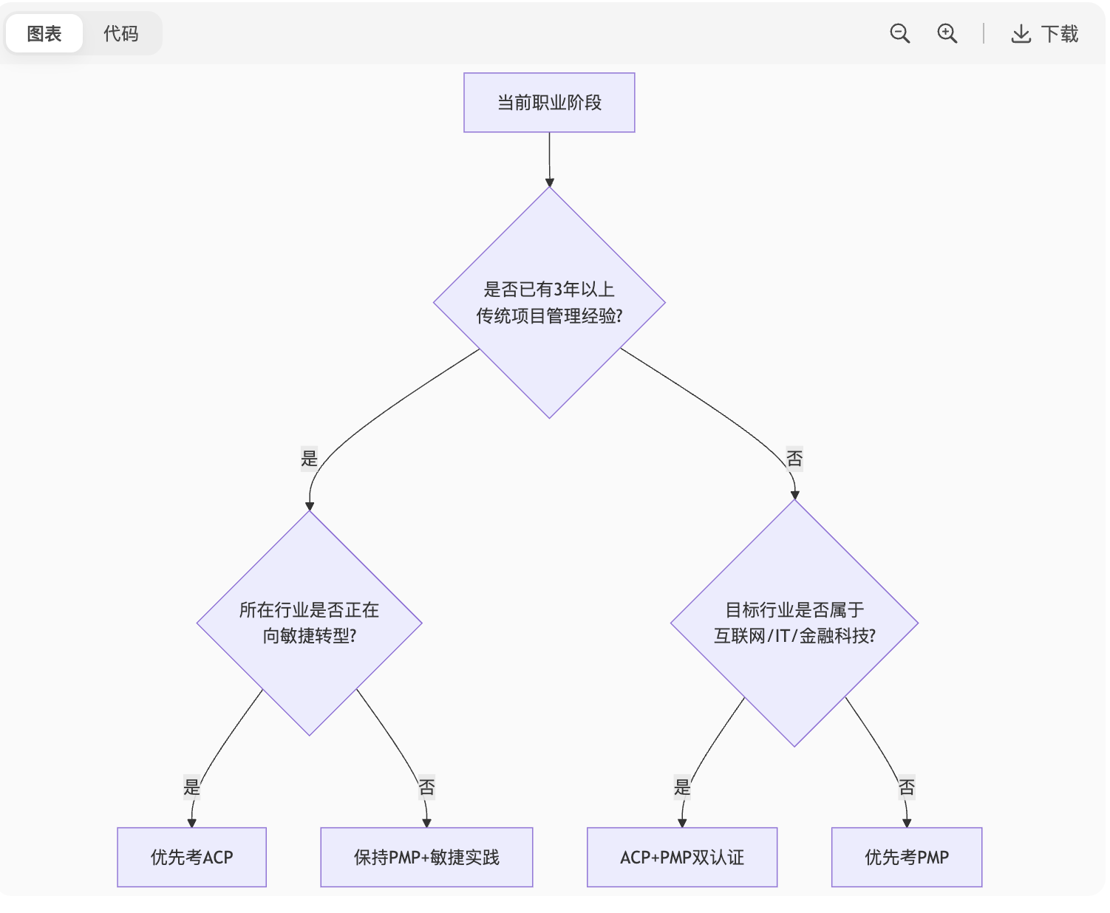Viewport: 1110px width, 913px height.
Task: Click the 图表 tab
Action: [x=44, y=34]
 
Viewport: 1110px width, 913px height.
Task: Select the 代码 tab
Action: [x=120, y=34]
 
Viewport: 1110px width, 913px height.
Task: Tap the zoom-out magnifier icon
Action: [x=899, y=34]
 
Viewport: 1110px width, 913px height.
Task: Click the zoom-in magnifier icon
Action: [x=947, y=34]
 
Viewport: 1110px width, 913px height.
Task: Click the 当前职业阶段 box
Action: [x=549, y=103]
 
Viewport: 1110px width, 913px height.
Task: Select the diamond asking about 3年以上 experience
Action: [x=549, y=302]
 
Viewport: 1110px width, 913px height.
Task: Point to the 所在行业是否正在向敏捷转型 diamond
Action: [x=309, y=623]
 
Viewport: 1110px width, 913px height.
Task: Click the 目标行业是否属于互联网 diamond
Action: [x=794, y=623]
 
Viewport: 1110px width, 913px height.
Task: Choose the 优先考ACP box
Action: [x=191, y=857]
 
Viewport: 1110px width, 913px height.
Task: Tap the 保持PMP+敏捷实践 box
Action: [x=426, y=857]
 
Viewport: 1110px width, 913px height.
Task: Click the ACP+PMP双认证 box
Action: [x=682, y=857]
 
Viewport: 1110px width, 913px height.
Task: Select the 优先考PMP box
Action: [x=907, y=857]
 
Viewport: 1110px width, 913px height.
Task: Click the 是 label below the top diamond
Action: [x=309, y=459]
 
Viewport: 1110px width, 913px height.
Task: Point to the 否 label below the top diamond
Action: [x=794, y=459]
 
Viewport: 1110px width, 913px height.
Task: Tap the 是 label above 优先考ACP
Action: [x=192, y=787]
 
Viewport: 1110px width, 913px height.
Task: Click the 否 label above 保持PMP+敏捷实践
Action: [x=426, y=787]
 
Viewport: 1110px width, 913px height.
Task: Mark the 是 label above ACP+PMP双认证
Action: [x=682, y=787]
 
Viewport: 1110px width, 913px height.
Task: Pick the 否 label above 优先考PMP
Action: [x=907, y=787]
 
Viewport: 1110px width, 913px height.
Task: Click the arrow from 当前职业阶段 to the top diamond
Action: [x=549, y=159]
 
